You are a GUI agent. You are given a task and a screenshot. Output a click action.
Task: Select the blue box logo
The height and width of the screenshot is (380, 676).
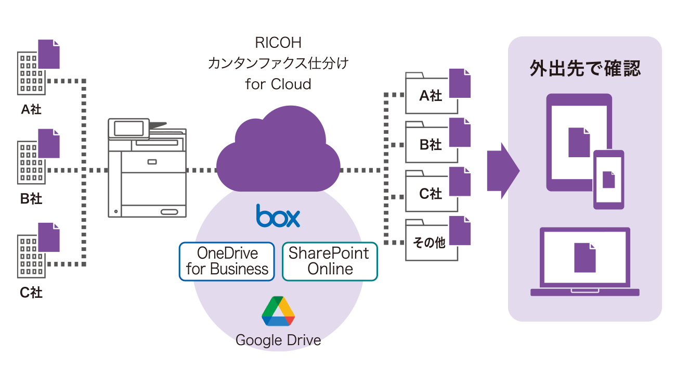coord(278,216)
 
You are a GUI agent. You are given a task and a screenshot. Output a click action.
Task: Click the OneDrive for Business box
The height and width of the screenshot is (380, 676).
coord(227,261)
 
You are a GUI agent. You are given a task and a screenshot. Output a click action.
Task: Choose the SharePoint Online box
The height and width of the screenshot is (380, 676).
coord(330,261)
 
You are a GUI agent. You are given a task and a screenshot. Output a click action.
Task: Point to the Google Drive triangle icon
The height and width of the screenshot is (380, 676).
coord(278,311)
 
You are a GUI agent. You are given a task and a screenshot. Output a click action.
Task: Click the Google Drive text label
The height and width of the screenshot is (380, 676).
coord(278,340)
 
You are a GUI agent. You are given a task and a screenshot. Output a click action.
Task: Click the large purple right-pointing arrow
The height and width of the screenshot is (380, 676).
coord(502,171)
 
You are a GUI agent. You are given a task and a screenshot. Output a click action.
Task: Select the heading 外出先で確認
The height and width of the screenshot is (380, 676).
coord(584,69)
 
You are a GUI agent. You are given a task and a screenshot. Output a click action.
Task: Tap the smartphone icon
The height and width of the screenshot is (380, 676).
coord(608,180)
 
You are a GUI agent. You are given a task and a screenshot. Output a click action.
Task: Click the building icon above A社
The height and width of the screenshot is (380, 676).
coord(32,73)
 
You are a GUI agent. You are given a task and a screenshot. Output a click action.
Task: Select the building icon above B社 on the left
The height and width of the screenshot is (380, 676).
coord(32,162)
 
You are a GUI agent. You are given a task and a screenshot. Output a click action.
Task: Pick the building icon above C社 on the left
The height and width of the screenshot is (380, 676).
coord(32,255)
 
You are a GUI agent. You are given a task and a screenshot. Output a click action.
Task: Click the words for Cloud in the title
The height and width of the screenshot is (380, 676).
coord(278,84)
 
